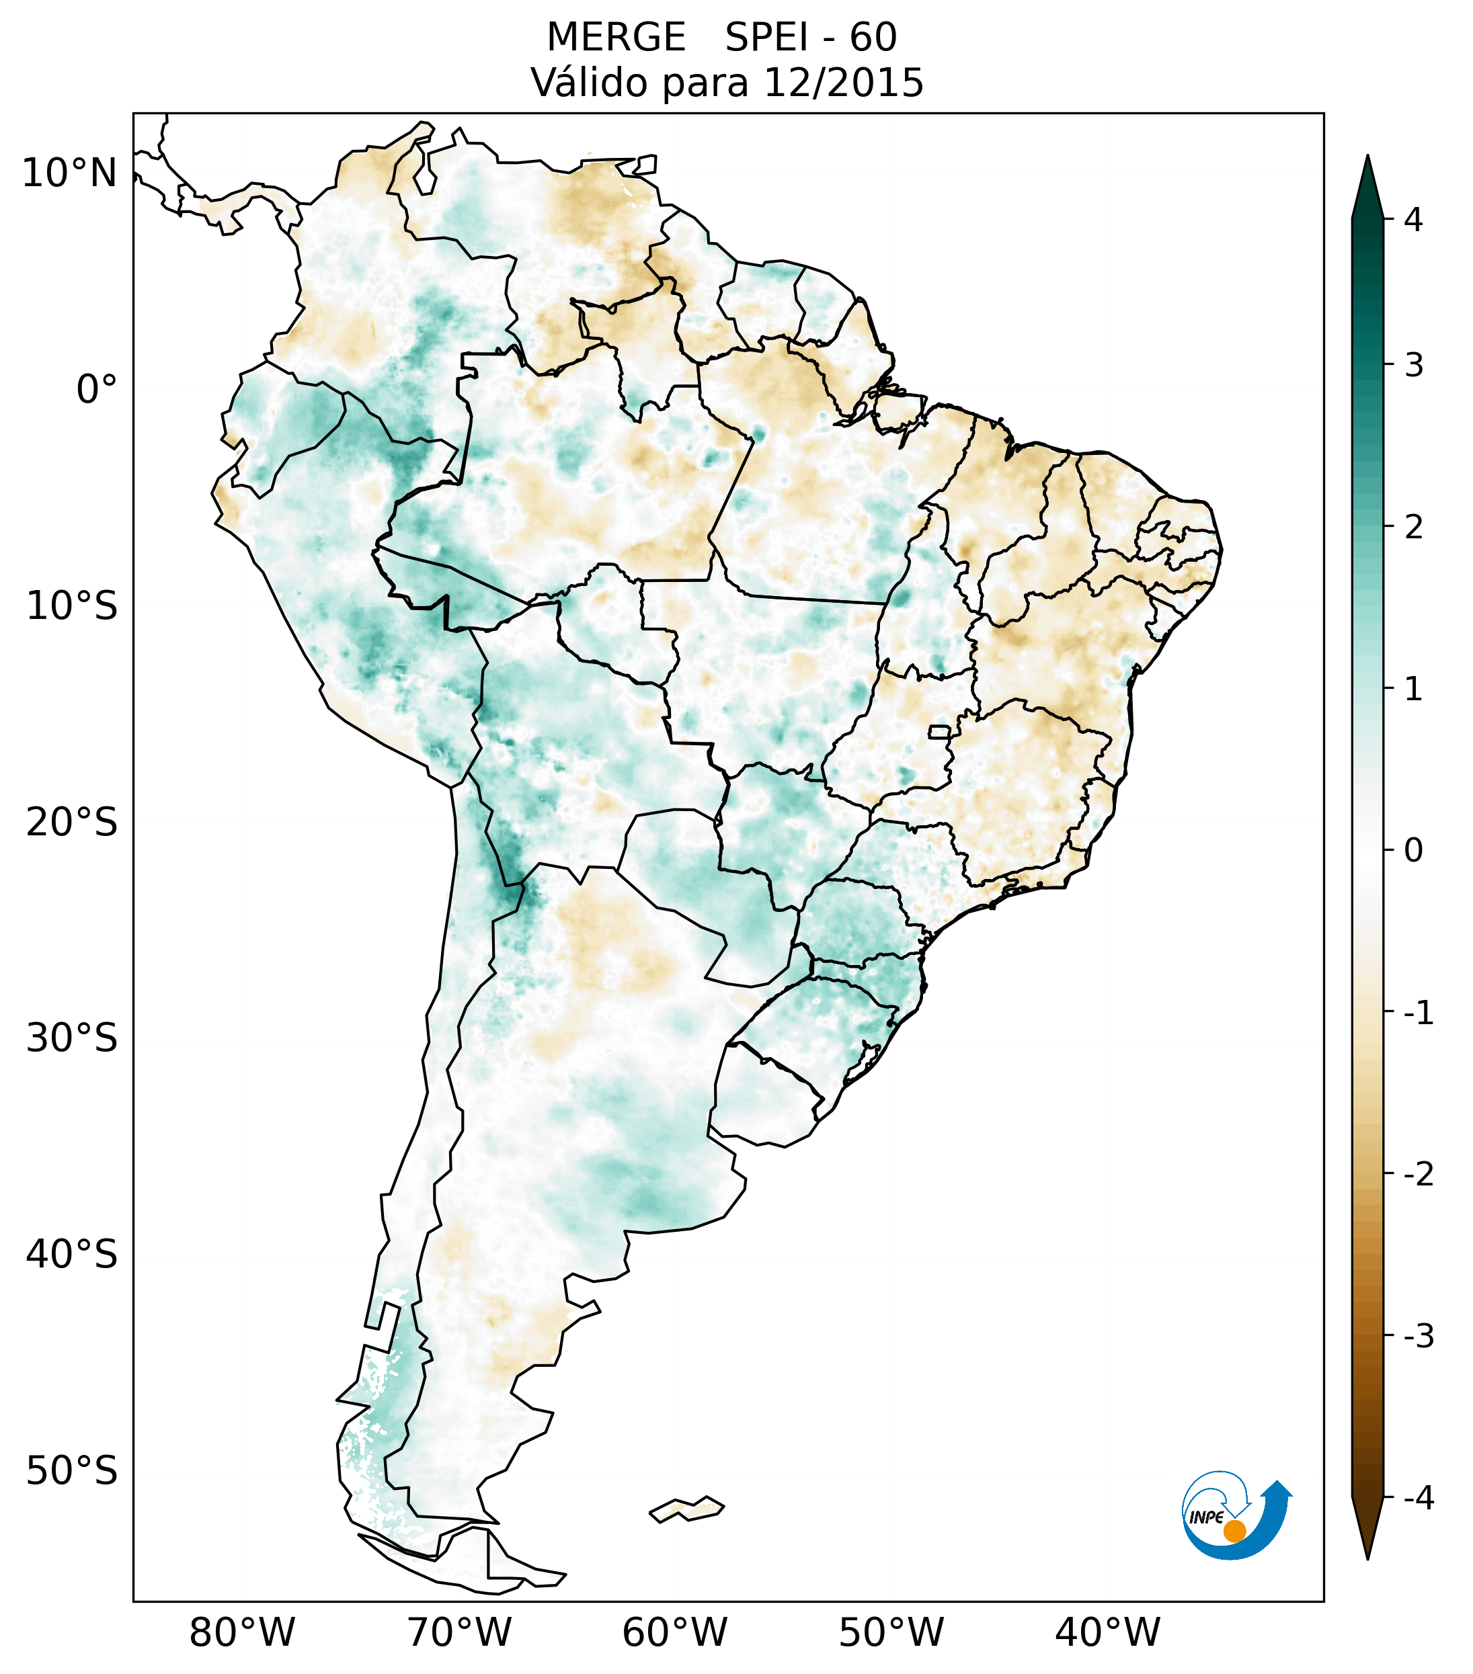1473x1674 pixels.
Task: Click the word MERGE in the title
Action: coord(615,38)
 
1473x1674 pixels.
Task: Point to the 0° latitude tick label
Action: coord(96,390)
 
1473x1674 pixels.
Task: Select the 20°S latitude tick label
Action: coord(72,823)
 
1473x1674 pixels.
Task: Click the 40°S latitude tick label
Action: coord(72,1255)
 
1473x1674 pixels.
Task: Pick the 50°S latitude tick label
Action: coord(72,1471)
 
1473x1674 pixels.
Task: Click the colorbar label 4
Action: coord(1413,220)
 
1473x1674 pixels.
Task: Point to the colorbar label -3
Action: coord(1418,1336)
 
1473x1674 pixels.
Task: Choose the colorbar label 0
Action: coord(1413,851)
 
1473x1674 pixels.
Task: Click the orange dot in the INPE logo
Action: coord(1234,1531)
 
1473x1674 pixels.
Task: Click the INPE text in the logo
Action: coord(1206,1517)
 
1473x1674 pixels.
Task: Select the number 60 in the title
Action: coord(873,38)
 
